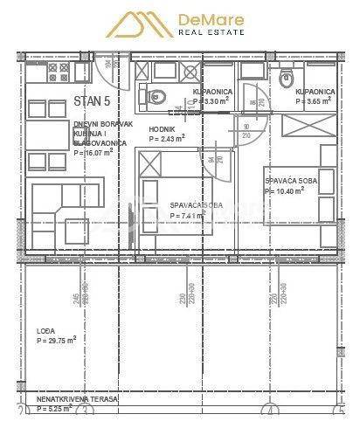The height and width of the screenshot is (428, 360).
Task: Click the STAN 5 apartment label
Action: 93,100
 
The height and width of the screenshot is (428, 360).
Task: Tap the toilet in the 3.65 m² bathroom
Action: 284,80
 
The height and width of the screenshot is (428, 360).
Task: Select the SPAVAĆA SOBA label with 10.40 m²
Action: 290,181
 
